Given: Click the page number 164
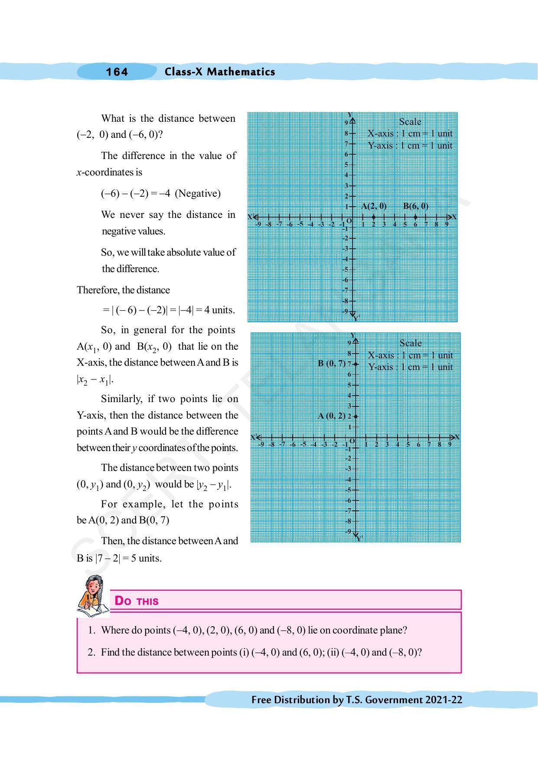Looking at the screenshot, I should pos(117,72).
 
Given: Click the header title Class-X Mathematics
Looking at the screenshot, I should pos(219,72).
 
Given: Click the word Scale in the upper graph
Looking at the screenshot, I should pos(410,122).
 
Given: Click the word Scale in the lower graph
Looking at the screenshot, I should pos(410,343).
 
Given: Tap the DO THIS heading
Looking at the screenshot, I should pos(137,601).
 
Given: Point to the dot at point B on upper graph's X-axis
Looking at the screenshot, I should pos(415,217).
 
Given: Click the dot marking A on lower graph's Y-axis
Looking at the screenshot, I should pos(355,416).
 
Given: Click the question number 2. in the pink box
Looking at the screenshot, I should pos(91,652).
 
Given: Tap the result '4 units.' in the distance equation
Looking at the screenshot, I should pos(219,310).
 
